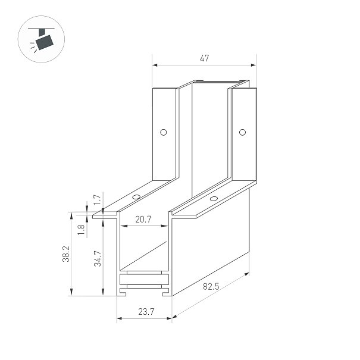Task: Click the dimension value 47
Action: coord(204,58)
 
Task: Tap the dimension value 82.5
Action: coord(211,286)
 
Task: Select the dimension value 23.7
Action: coord(146,312)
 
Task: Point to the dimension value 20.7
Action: coord(143,220)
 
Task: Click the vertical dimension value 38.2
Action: coord(66,253)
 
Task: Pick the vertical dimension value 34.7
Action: coord(98,258)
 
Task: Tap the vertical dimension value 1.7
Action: coord(98,200)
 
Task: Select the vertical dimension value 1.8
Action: coord(81,230)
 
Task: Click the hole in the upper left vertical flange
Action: coord(163,132)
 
